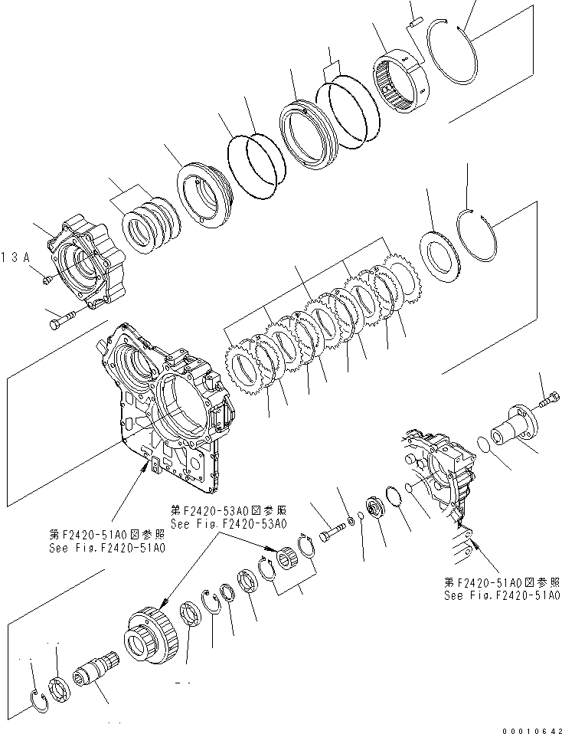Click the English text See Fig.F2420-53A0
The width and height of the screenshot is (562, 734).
coord(229,524)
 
